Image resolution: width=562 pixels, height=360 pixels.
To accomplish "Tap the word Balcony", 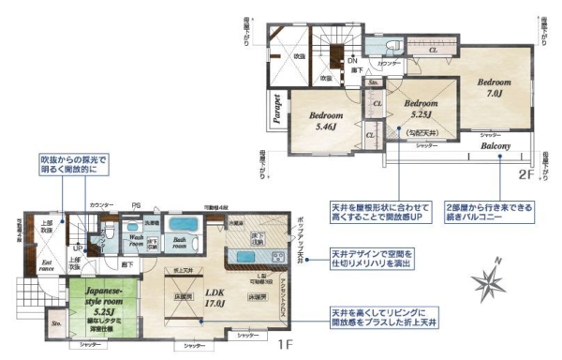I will coord(495,147).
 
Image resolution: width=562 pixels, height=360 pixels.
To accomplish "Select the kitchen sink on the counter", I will coord(277,257).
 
